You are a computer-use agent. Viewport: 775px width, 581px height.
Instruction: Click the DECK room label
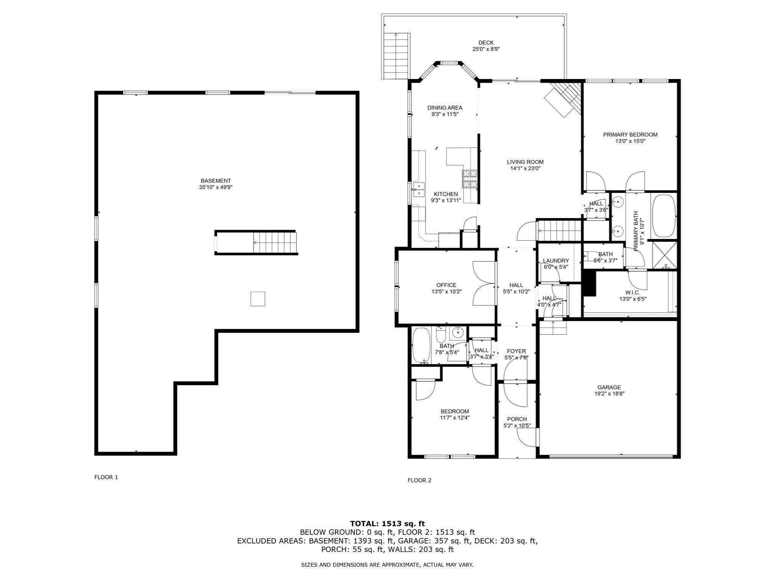coord(486,43)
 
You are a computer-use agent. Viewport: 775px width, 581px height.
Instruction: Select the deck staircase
coord(396,55)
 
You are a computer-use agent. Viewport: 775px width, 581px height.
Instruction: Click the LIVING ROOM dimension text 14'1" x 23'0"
coord(525,168)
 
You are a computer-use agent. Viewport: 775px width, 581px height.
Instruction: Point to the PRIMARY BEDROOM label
coord(630,134)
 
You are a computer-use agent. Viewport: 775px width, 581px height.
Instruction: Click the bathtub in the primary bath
coord(664,216)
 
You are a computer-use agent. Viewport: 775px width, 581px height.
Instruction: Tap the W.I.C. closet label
coord(633,292)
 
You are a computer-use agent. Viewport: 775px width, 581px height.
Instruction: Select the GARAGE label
coord(609,387)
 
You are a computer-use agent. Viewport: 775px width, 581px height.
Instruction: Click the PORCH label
coord(517,419)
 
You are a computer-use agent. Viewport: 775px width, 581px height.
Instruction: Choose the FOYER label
coord(517,351)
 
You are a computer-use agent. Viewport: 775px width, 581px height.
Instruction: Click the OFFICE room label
coord(447,285)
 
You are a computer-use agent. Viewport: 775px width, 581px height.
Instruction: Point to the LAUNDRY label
coord(556,261)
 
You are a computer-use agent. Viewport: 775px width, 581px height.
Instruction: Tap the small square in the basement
coord(258,299)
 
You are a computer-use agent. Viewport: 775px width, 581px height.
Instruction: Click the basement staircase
coord(275,243)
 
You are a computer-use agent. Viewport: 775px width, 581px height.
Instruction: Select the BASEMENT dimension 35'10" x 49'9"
coord(216,187)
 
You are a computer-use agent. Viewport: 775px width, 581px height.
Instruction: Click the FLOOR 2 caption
coord(419,480)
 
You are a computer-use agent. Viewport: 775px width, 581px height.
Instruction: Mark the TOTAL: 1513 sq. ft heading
coord(387,524)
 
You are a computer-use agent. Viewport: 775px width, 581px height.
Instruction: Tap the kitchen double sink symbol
coord(419,190)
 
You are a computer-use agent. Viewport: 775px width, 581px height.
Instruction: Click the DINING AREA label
coord(445,107)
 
